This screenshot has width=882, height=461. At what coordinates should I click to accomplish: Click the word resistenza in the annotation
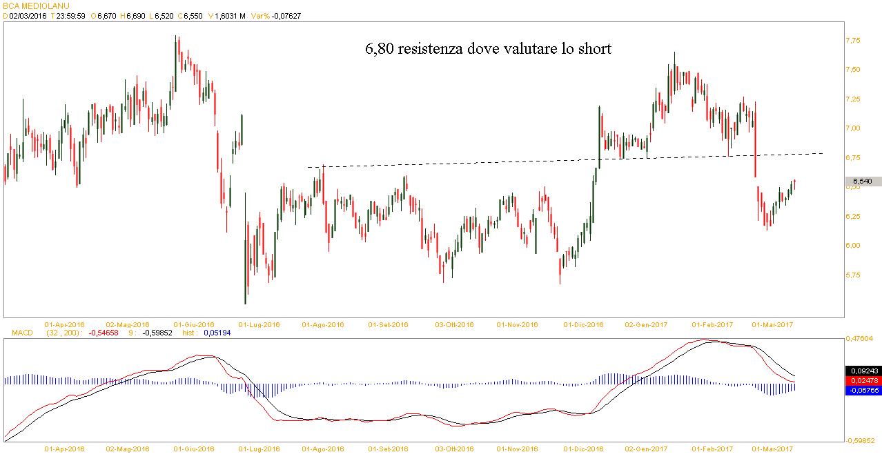[433, 50]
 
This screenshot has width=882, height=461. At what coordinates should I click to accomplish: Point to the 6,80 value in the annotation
[379, 50]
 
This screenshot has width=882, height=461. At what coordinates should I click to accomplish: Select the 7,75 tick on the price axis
[853, 41]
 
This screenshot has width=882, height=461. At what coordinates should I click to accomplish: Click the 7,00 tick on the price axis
[853, 128]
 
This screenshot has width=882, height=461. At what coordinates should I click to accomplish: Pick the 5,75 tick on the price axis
[853, 275]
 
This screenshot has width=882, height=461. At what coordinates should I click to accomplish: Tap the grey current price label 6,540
[863, 181]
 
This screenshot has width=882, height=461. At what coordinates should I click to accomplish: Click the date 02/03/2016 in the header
[28, 16]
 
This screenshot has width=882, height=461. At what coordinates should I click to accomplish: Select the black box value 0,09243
[863, 370]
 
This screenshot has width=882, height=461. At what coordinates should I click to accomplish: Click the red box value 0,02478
[863, 380]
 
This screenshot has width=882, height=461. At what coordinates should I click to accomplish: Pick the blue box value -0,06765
[863, 391]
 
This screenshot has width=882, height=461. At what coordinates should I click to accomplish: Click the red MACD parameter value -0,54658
[104, 333]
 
